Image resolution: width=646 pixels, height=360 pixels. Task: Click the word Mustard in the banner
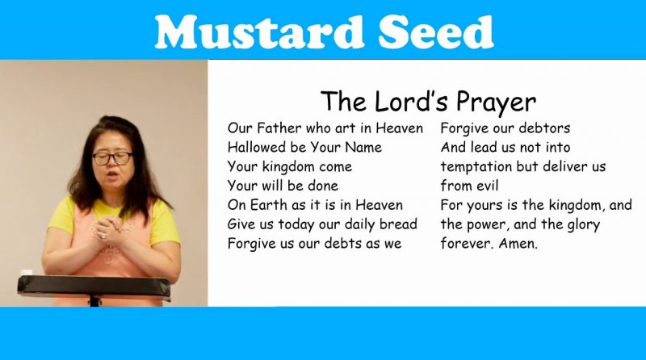click(259, 31)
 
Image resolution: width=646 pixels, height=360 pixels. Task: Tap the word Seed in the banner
click(436, 31)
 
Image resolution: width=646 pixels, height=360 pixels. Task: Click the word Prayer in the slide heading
click(496, 103)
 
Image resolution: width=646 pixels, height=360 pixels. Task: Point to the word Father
click(279, 128)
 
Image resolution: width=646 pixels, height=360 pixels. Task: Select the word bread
click(398, 224)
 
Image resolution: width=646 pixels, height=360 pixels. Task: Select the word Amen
click(518, 244)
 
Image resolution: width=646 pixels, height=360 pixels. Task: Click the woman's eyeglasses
click(112, 158)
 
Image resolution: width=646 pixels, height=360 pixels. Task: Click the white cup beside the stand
click(26, 273)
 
